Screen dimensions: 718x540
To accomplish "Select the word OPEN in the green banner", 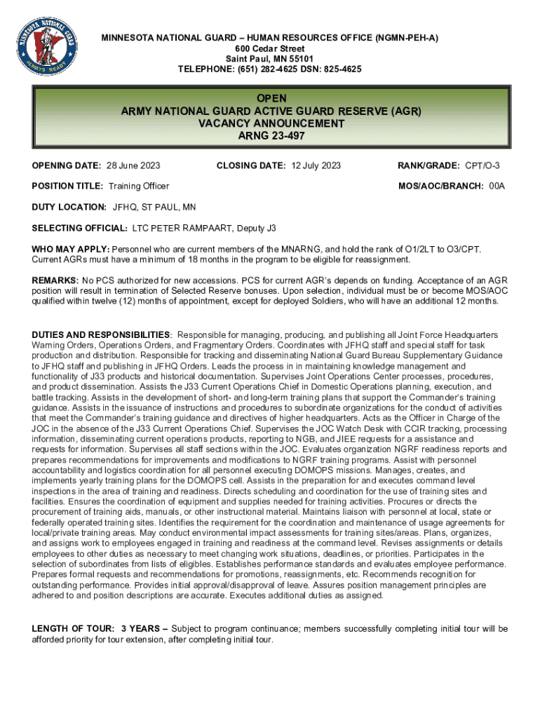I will point(271,99).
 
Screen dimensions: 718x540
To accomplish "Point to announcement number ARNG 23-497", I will point(271,136).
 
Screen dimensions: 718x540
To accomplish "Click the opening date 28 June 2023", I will point(133,165).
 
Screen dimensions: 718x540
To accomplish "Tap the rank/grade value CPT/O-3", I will point(482,165).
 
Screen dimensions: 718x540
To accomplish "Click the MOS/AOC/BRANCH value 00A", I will point(497,186).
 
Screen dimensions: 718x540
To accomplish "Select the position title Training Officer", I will point(139,186).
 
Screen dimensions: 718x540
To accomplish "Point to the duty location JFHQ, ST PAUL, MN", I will point(154,208).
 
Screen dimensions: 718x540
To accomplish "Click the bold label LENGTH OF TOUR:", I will point(73,629).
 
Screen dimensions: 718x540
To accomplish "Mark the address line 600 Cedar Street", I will point(270,48).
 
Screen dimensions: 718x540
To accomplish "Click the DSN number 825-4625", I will point(338,69).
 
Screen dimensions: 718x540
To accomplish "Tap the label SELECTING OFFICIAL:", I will point(80,229).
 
